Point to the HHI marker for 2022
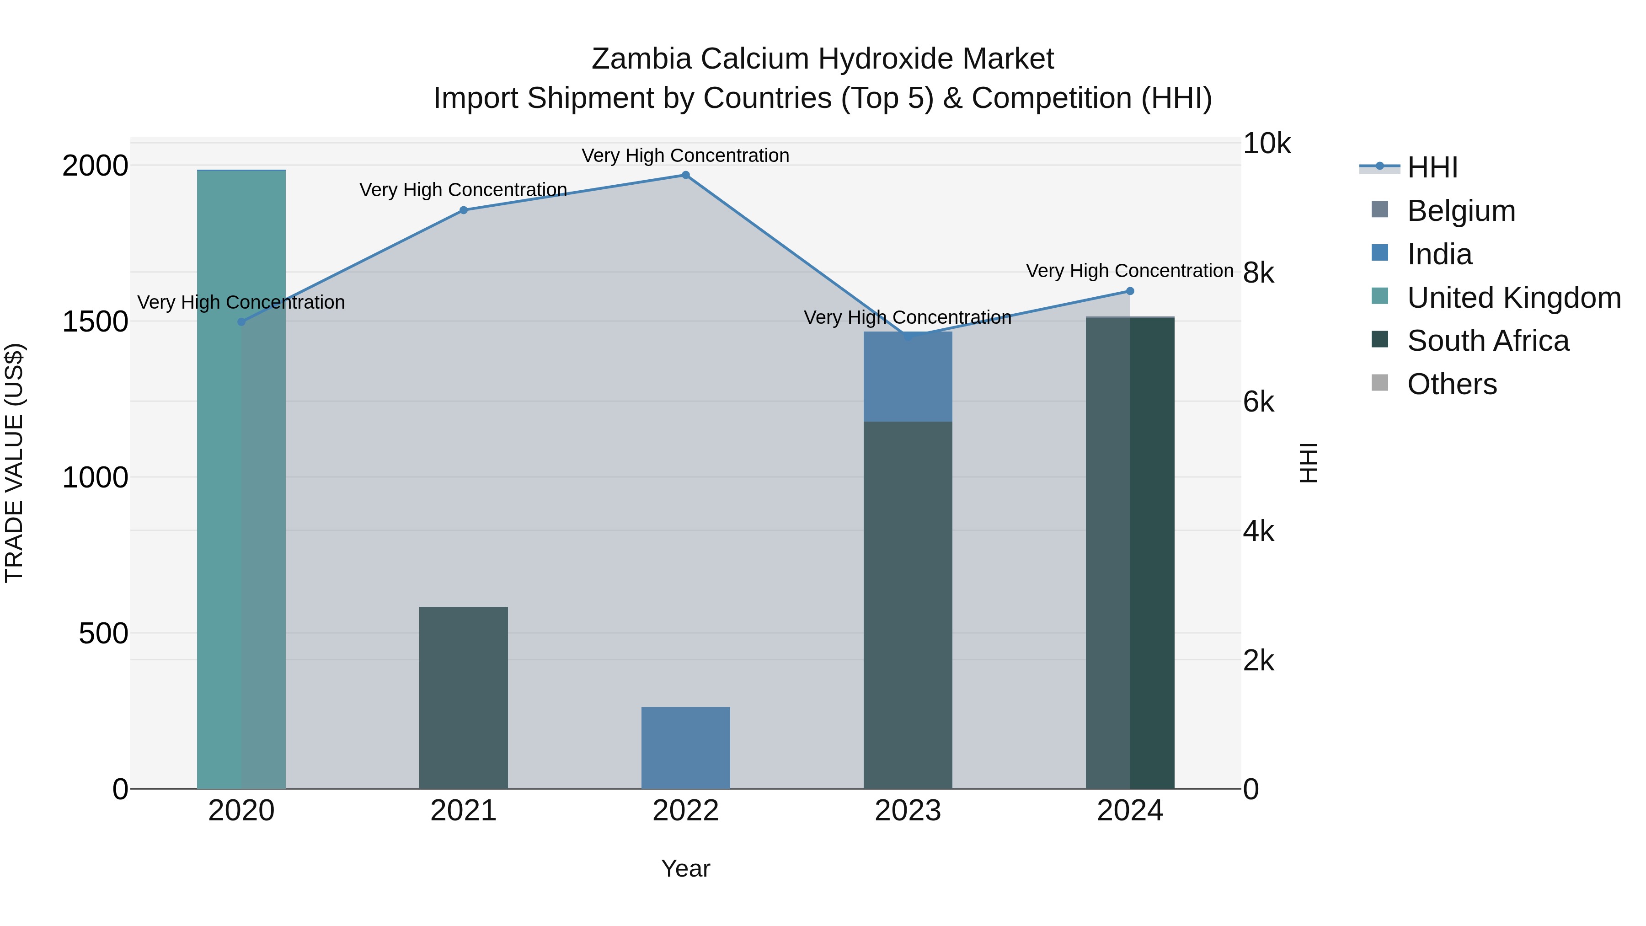coord(686,175)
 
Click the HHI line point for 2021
coord(463,210)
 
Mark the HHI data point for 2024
coord(1130,291)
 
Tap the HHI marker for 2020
coord(241,322)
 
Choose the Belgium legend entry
coord(1461,211)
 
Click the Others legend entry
coord(1452,384)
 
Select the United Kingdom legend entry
coord(1513,298)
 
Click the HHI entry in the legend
coord(1432,167)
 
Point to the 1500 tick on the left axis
coord(95,321)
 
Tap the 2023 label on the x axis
coord(907,811)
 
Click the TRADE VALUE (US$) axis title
coord(14,463)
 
